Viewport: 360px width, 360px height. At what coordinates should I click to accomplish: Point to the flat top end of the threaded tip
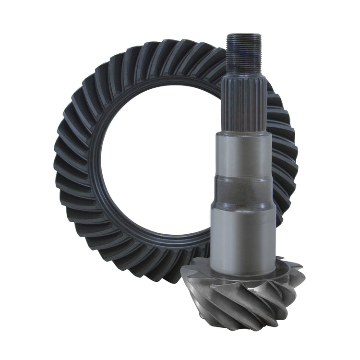pos(244,35)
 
